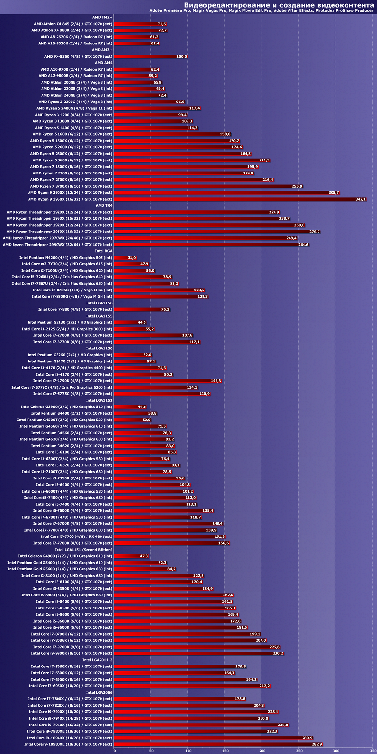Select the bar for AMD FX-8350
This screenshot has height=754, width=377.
point(145,57)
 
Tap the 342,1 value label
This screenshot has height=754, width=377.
point(361,199)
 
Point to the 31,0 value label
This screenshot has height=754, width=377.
point(132,258)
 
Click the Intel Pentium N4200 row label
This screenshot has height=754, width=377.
point(66,258)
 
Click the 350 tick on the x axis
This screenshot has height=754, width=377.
point(372,751)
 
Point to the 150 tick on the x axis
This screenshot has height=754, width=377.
point(225,751)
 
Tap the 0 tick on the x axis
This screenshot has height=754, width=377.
point(115,751)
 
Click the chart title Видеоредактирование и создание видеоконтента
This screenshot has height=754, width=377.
point(278,5)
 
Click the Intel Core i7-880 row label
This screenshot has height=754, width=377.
point(75,309)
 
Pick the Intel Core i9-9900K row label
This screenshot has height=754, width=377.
point(72,653)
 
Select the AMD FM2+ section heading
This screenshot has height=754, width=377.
point(102,17)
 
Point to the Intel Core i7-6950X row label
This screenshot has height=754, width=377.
point(70,686)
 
